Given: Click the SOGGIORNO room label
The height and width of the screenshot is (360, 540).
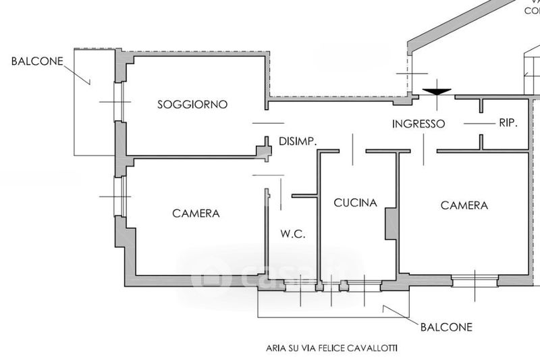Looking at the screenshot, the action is [x=192, y=105].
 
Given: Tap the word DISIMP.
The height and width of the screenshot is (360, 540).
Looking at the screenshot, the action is [x=298, y=142].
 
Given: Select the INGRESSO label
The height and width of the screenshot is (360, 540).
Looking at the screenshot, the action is [x=418, y=124].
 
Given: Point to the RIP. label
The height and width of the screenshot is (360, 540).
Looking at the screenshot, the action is [x=508, y=123].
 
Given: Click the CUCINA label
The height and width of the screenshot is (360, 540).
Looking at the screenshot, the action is [x=355, y=203].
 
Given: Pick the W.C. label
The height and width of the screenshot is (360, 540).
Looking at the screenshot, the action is [x=293, y=235].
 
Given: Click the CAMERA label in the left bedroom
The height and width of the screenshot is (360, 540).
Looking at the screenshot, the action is [x=196, y=213].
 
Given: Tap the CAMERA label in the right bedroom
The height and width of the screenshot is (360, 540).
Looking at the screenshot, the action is [x=464, y=205].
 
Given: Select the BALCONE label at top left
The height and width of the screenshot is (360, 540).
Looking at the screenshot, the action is [x=37, y=61].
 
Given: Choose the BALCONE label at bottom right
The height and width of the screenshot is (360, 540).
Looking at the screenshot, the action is [x=446, y=328].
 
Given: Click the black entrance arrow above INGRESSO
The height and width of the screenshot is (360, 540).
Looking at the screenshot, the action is [x=437, y=91].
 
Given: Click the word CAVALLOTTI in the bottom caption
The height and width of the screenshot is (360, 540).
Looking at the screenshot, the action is [x=373, y=349].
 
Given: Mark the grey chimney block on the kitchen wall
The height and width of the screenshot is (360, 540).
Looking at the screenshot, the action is [x=389, y=224].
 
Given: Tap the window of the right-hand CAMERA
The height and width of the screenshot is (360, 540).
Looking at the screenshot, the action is [x=475, y=280].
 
